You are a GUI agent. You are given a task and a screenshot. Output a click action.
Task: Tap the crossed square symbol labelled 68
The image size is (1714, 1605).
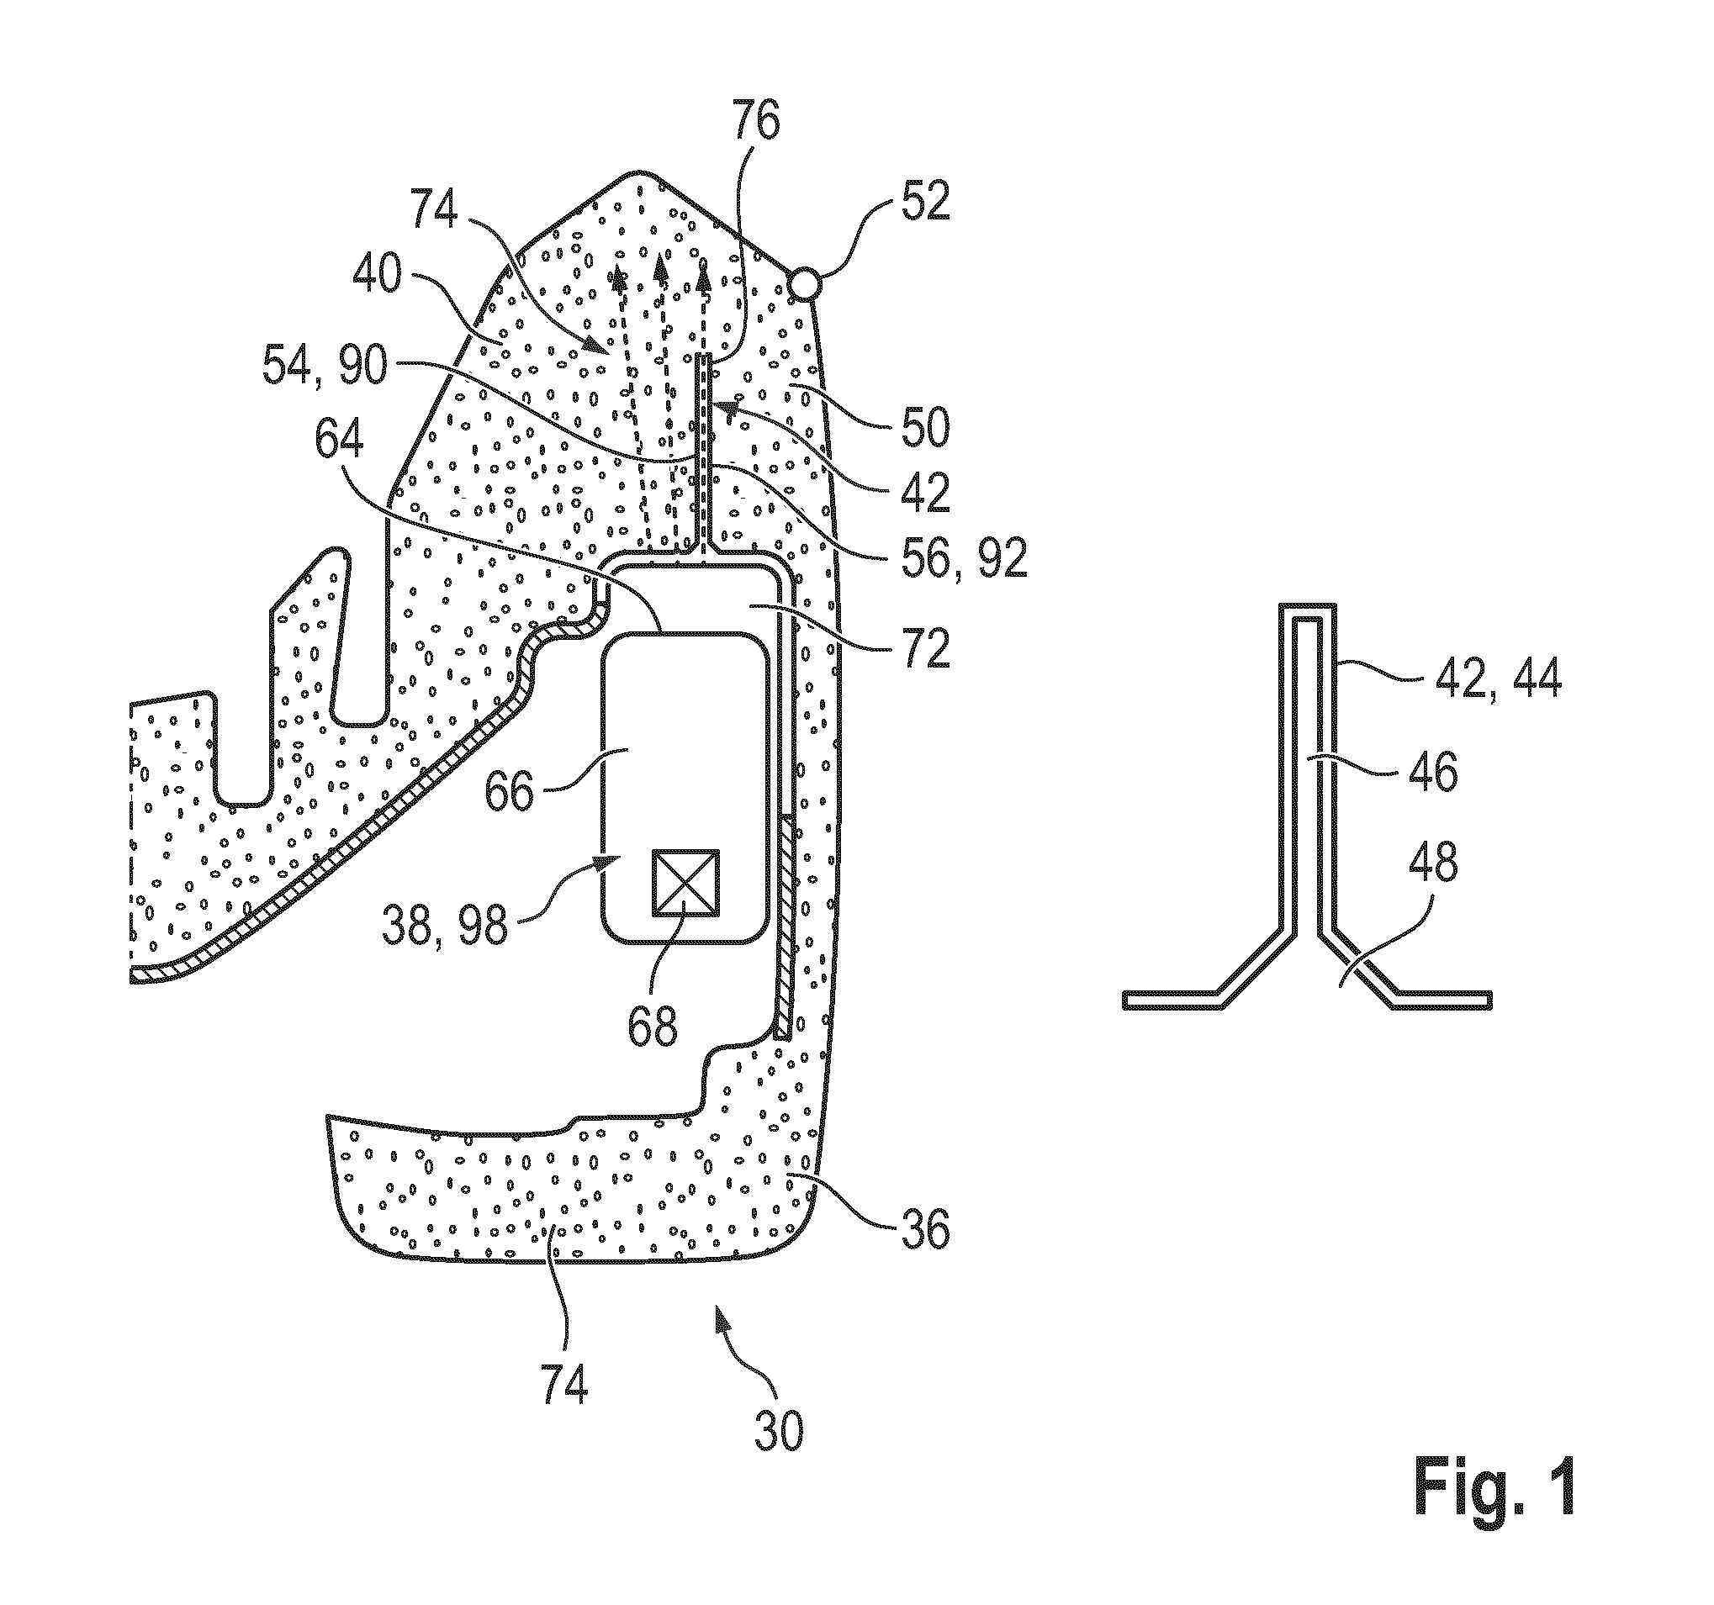pyautogui.click(x=685, y=884)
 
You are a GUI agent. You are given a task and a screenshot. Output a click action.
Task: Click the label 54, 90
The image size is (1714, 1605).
pyautogui.click(x=324, y=367)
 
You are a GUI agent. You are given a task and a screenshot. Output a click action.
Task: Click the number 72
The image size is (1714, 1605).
pyautogui.click(x=925, y=647)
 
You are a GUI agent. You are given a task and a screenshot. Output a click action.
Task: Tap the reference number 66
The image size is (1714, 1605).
pyautogui.click(x=510, y=789)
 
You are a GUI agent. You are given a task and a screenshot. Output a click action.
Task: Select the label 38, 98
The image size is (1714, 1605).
pyautogui.click(x=445, y=925)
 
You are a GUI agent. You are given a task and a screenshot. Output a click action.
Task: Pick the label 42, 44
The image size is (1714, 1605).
pyautogui.click(x=1497, y=679)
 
